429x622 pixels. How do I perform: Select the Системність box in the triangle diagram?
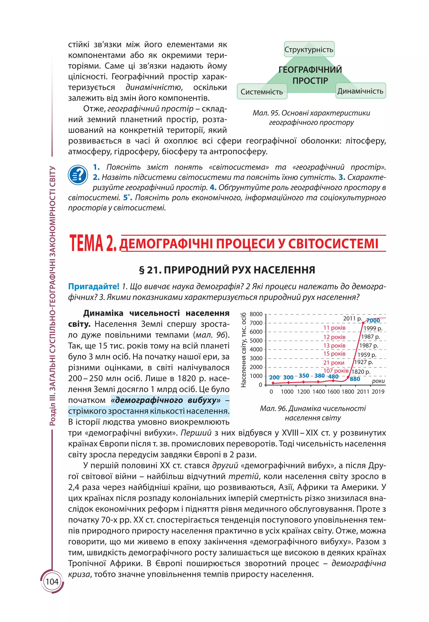point(262,91)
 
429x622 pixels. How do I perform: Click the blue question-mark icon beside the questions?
point(78,175)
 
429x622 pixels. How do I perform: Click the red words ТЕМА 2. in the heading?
point(93,243)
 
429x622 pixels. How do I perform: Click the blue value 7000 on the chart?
point(373,320)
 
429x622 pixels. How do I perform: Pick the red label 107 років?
point(336,371)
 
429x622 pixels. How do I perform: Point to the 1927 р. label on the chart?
point(363,362)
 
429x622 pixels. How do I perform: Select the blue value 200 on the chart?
point(274,378)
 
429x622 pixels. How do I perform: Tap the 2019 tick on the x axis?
point(378,392)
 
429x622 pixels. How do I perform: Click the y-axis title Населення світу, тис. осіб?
point(244,350)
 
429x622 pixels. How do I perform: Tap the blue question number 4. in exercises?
point(213,187)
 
